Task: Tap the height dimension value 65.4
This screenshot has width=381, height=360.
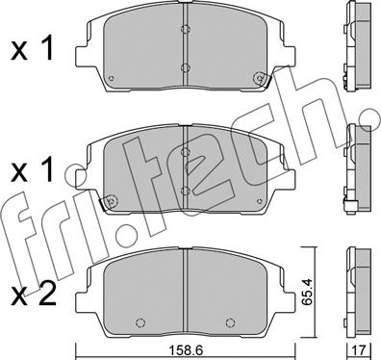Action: tap(306, 292)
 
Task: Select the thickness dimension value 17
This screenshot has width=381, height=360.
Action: tap(360, 350)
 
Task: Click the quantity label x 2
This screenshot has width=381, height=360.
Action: tap(34, 294)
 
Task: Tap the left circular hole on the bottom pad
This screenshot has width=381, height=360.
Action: tap(140, 322)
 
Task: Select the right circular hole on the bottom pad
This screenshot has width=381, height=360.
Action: tap(230, 322)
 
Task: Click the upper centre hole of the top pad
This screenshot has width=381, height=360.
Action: tap(185, 29)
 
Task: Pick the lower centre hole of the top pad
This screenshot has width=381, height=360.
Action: tap(185, 68)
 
